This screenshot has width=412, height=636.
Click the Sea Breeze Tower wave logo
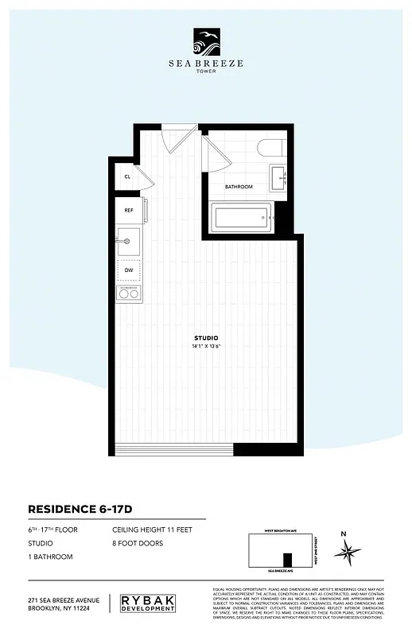click(x=206, y=40)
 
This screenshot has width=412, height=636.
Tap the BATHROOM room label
click(x=239, y=187)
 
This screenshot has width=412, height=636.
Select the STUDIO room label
click(x=205, y=339)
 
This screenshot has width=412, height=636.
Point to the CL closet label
click(x=127, y=177)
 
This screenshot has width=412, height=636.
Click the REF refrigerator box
click(x=130, y=211)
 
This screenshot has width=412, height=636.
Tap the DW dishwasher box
click(x=129, y=270)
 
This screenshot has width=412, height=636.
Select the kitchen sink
click(x=128, y=238)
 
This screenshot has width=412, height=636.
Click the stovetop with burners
click(x=128, y=293)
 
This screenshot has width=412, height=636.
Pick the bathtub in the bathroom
click(x=241, y=216)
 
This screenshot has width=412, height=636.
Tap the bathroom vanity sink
click(x=279, y=178)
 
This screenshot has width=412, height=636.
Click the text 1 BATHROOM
click(x=50, y=556)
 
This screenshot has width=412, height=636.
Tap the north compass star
click(x=348, y=550)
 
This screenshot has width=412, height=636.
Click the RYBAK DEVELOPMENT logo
click(x=157, y=603)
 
